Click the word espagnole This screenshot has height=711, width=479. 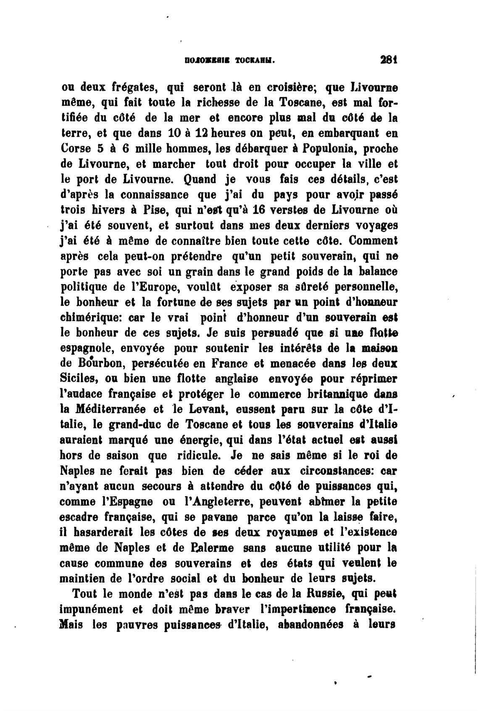pyautogui.click(x=87, y=348)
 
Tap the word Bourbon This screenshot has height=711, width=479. pyautogui.click(x=93, y=363)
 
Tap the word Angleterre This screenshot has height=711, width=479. pyautogui.click(x=218, y=501)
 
